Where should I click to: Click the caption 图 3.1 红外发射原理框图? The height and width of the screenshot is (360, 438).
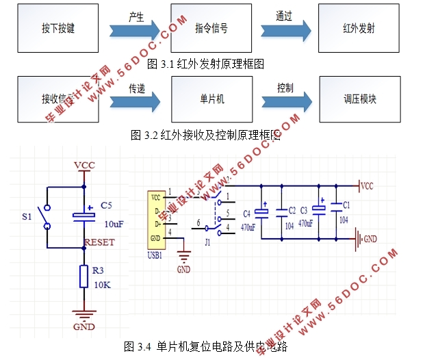pos(205,64)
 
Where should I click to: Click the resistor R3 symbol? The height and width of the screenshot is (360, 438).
pos(84,276)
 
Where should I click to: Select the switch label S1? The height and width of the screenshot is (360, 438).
pos(27,217)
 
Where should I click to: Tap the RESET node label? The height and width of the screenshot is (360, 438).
pos(99,242)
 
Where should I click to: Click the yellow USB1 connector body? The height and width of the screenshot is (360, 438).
pos(158,218)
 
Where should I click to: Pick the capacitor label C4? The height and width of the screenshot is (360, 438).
pos(246,213)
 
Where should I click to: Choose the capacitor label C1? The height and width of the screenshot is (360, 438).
pos(346,205)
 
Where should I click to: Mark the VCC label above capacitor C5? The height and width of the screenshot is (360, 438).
pos(84,166)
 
